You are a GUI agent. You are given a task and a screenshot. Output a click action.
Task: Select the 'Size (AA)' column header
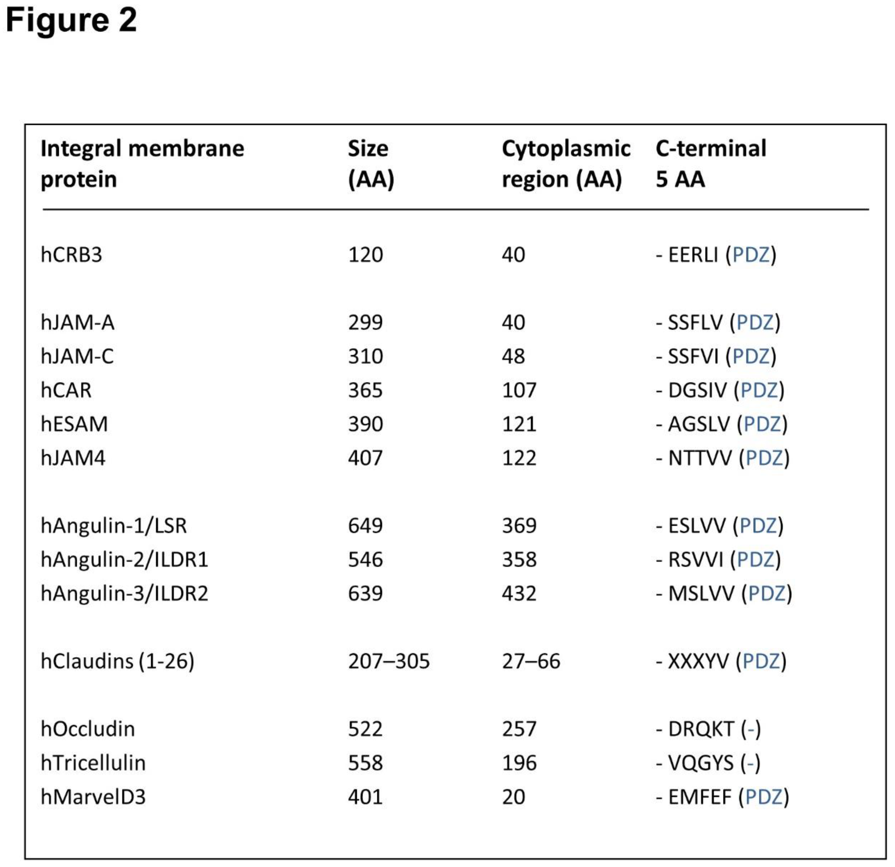pos(370,164)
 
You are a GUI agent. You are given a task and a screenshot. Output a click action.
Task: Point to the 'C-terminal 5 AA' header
pos(710,164)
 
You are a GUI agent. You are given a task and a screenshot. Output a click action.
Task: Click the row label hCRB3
pos(71,255)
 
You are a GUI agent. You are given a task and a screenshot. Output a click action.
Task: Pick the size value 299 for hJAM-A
pos(365,323)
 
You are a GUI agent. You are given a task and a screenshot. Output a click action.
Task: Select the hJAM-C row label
pos(77,357)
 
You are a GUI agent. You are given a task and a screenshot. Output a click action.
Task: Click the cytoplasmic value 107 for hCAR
pos(519,390)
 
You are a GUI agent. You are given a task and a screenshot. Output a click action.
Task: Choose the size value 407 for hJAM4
pos(365,458)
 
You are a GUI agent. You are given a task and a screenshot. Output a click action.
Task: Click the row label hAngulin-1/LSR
pos(114,526)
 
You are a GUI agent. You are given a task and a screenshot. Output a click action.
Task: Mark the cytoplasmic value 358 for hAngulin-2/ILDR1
pos(519,560)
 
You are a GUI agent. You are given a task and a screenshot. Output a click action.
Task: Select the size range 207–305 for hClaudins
pos(388,661)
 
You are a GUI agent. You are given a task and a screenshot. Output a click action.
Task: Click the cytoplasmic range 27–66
pos(530,661)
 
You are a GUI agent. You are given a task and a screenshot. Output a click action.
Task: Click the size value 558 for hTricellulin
pos(365,763)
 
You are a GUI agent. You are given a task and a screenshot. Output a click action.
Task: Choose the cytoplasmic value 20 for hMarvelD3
pos(513,796)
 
